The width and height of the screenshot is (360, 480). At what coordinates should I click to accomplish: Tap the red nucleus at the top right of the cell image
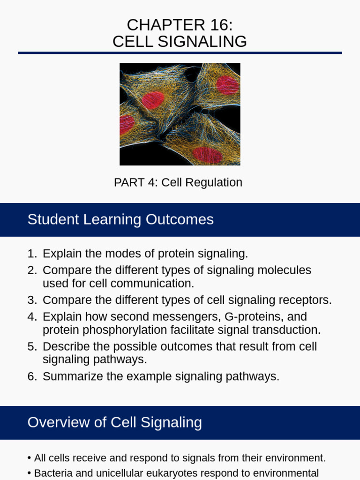(227, 85)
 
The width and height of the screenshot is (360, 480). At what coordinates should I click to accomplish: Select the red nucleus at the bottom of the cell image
(207, 154)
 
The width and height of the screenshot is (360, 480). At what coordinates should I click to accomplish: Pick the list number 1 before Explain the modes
(31, 254)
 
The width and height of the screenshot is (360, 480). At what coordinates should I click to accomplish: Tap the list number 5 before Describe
(31, 347)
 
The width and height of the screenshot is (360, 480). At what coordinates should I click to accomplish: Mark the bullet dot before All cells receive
(30, 458)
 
